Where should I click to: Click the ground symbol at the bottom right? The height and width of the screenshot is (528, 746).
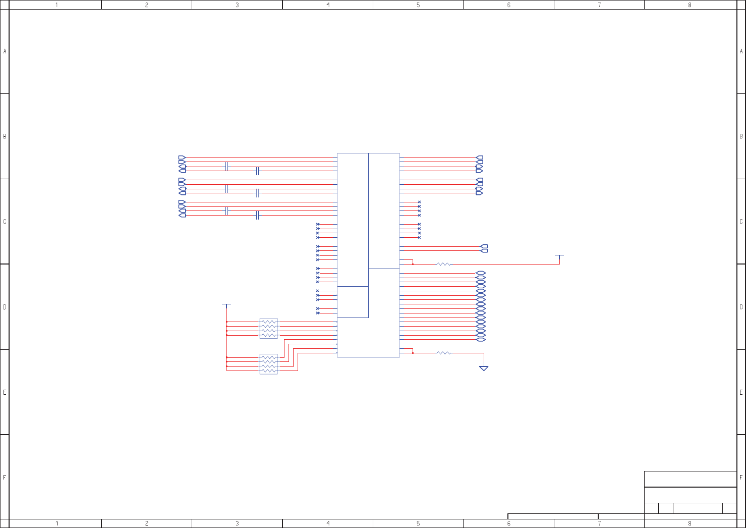(484, 368)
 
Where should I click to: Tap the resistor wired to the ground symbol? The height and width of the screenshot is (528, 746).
(443, 353)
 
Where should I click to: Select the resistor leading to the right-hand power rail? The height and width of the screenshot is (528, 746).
(443, 264)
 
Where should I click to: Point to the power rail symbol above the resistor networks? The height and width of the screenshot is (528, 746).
(226, 305)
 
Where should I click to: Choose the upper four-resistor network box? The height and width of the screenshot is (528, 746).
(268, 328)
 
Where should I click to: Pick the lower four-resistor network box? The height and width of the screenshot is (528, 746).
(268, 364)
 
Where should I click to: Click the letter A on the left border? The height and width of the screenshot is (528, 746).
(5, 51)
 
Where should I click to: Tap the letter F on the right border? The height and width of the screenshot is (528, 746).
(741, 477)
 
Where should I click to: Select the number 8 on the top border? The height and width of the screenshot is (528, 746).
(690, 5)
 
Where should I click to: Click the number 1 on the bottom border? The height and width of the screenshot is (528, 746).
(56, 523)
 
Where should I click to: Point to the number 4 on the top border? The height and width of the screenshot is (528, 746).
(328, 5)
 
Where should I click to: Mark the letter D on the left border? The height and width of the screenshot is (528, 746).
(5, 307)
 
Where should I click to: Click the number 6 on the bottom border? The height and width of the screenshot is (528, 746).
(508, 523)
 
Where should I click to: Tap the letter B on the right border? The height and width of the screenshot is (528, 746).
(741, 136)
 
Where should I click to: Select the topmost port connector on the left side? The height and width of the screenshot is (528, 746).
(182, 158)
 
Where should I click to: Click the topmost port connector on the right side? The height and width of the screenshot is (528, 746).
(480, 158)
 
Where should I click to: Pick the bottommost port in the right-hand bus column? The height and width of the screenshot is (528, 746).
(481, 339)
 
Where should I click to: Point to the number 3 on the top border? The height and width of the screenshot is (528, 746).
(237, 5)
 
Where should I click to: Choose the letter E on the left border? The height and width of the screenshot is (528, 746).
(5, 392)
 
